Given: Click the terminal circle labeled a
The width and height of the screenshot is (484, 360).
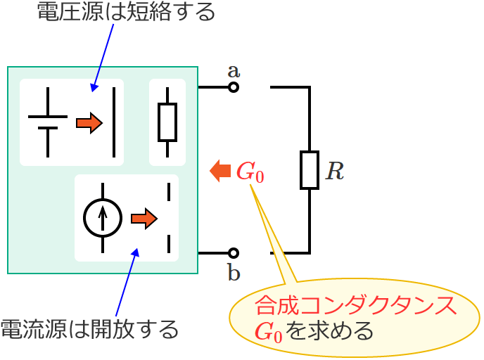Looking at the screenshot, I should pos(233,87).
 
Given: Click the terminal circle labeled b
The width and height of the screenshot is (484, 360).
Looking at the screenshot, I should pos(233,252).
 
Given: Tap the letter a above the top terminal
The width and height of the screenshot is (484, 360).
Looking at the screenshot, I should pos(234,70).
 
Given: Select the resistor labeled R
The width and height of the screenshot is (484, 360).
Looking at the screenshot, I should pos(310,169).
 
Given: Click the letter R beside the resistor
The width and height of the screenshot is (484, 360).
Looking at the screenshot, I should pos(335,171).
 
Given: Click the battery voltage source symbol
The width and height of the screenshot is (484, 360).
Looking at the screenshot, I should pos(48,122).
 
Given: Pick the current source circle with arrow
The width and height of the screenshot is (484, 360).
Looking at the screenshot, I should pos(103,217).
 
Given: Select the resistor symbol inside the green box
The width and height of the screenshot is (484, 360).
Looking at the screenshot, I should pos(167,122).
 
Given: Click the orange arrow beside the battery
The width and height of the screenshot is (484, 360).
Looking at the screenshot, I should pos(89,123).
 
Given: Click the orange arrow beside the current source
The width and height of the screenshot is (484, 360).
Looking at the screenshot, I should pos(144,219).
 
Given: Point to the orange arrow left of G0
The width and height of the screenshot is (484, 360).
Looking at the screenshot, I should pos(221,170).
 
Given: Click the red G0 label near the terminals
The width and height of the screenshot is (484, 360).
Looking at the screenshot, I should pos(250,172).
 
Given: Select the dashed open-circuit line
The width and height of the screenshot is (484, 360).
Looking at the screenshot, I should pos(169,217).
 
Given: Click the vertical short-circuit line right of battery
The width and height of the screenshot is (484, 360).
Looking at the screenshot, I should pos(115,122).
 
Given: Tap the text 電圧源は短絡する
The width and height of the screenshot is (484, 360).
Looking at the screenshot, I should pos(125,13).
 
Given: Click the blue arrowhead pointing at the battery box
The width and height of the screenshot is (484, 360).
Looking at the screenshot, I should pos(93,87).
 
